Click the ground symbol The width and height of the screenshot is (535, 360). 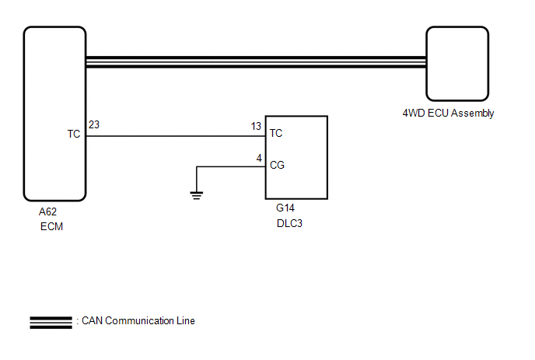point(196,194)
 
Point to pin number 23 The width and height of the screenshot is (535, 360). point(94,124)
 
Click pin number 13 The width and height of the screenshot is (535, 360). point(256,125)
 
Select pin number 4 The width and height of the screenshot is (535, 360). point(259,158)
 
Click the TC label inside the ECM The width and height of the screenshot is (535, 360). point(74,135)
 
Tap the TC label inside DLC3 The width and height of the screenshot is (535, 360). point(276,134)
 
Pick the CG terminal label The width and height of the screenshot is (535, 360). point(277,166)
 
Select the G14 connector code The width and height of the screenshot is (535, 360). point(285,208)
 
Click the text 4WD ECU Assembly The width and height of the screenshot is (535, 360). point(448,114)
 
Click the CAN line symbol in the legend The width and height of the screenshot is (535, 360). point(51,321)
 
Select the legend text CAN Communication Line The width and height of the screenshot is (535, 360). point(138,321)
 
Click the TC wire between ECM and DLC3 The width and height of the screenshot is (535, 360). point(175,135)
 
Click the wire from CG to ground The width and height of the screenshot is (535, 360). point(229,166)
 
